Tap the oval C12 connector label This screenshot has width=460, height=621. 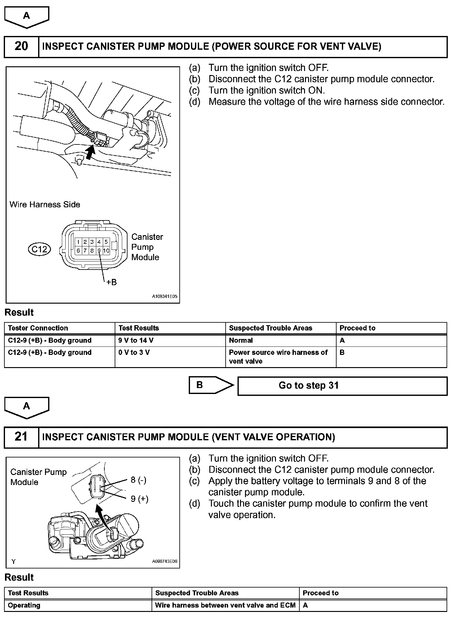pos(39,249)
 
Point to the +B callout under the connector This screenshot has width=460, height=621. pos(111,282)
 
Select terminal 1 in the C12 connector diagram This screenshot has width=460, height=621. pos(78,242)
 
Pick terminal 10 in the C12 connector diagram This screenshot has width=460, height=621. pos(106,250)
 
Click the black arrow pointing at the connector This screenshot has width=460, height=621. pos(90,153)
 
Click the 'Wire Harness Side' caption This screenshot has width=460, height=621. pos(45,204)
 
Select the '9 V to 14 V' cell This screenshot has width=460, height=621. pos(136,340)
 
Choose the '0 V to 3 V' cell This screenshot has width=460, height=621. pos(134,352)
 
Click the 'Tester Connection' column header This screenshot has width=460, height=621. pos(38,328)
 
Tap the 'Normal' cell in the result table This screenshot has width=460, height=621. pos(241,340)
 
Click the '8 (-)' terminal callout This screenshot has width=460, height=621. pos(138,480)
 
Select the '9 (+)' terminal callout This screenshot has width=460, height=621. pos(139,499)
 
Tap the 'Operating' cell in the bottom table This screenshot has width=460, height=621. pos(24,605)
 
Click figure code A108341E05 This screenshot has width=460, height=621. pos(164,296)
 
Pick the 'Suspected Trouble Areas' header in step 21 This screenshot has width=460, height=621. pos(197,593)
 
